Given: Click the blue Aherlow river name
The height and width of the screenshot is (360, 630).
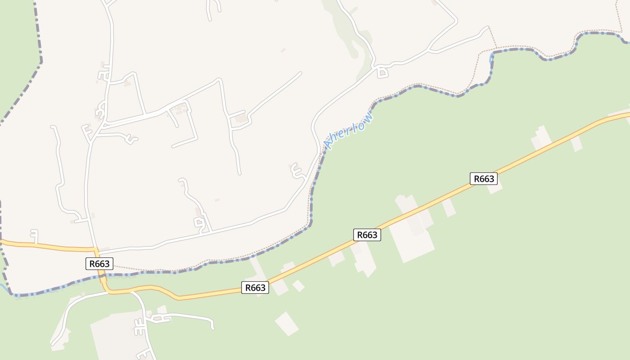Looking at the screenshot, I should [349, 130].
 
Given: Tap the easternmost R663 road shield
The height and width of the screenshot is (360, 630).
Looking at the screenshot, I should [484, 179].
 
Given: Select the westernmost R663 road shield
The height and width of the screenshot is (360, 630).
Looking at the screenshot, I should [99, 264].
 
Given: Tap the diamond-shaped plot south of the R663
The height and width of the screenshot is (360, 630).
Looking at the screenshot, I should [287, 324].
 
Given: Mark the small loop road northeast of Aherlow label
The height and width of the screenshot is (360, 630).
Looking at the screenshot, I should [382, 72].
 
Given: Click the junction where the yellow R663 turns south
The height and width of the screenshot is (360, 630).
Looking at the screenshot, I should [96, 249].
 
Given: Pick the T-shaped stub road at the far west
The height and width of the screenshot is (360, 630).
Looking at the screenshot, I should [35, 234].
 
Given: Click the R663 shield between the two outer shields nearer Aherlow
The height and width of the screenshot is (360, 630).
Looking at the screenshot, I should [367, 234].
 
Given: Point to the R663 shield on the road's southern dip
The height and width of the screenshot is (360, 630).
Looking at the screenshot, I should [255, 288].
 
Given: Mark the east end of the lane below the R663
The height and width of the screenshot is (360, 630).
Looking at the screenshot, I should [213, 328].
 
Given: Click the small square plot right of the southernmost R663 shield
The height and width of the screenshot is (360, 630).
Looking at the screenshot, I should [298, 286].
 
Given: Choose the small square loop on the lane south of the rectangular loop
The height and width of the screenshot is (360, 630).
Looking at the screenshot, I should [198, 222].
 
